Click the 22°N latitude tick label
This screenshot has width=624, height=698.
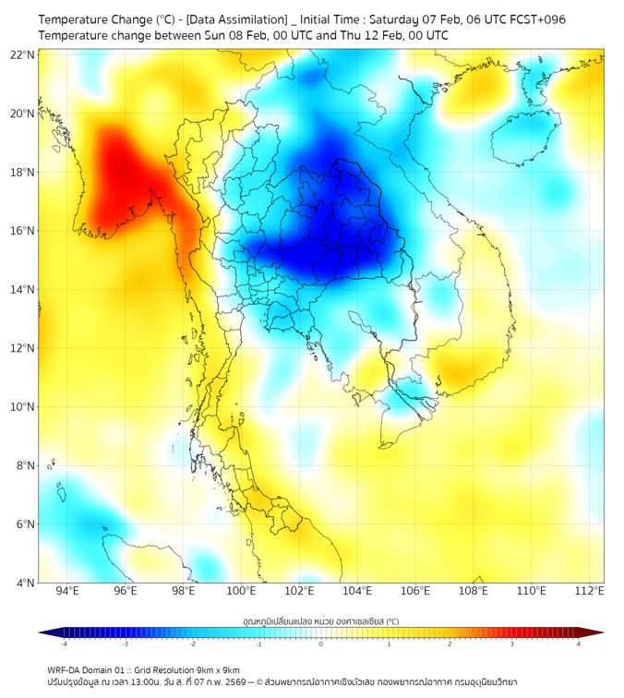pos(22,54)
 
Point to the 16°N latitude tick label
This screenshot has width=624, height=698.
pos(22,231)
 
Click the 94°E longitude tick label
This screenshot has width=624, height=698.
pos(67,591)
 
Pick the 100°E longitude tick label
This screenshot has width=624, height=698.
pos(241,591)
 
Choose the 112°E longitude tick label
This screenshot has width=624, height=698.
pos(589,591)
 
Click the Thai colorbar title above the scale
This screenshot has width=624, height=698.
pos(321,621)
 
